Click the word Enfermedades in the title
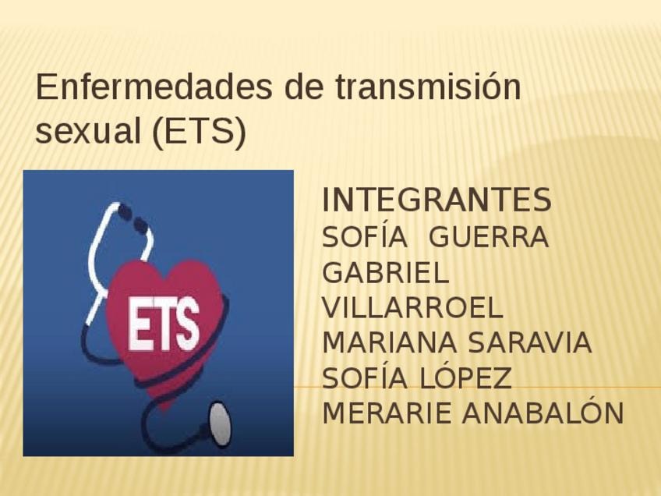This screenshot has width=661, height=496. [x=154, y=87]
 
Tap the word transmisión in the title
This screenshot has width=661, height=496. [x=428, y=87]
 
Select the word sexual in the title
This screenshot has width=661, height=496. [x=87, y=131]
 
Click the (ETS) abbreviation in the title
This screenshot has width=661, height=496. [x=199, y=132]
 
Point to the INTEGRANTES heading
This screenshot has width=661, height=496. [x=437, y=200]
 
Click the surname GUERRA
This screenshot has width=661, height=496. [x=489, y=237]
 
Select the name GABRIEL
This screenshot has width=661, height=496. [x=385, y=272]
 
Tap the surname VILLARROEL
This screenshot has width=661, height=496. [x=412, y=307]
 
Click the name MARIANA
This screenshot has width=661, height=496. [x=389, y=342]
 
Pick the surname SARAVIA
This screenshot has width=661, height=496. [x=530, y=342]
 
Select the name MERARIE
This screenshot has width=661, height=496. [x=387, y=413]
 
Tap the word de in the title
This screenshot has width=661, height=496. [x=304, y=87]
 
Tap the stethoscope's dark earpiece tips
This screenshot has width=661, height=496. [x=132, y=217]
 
